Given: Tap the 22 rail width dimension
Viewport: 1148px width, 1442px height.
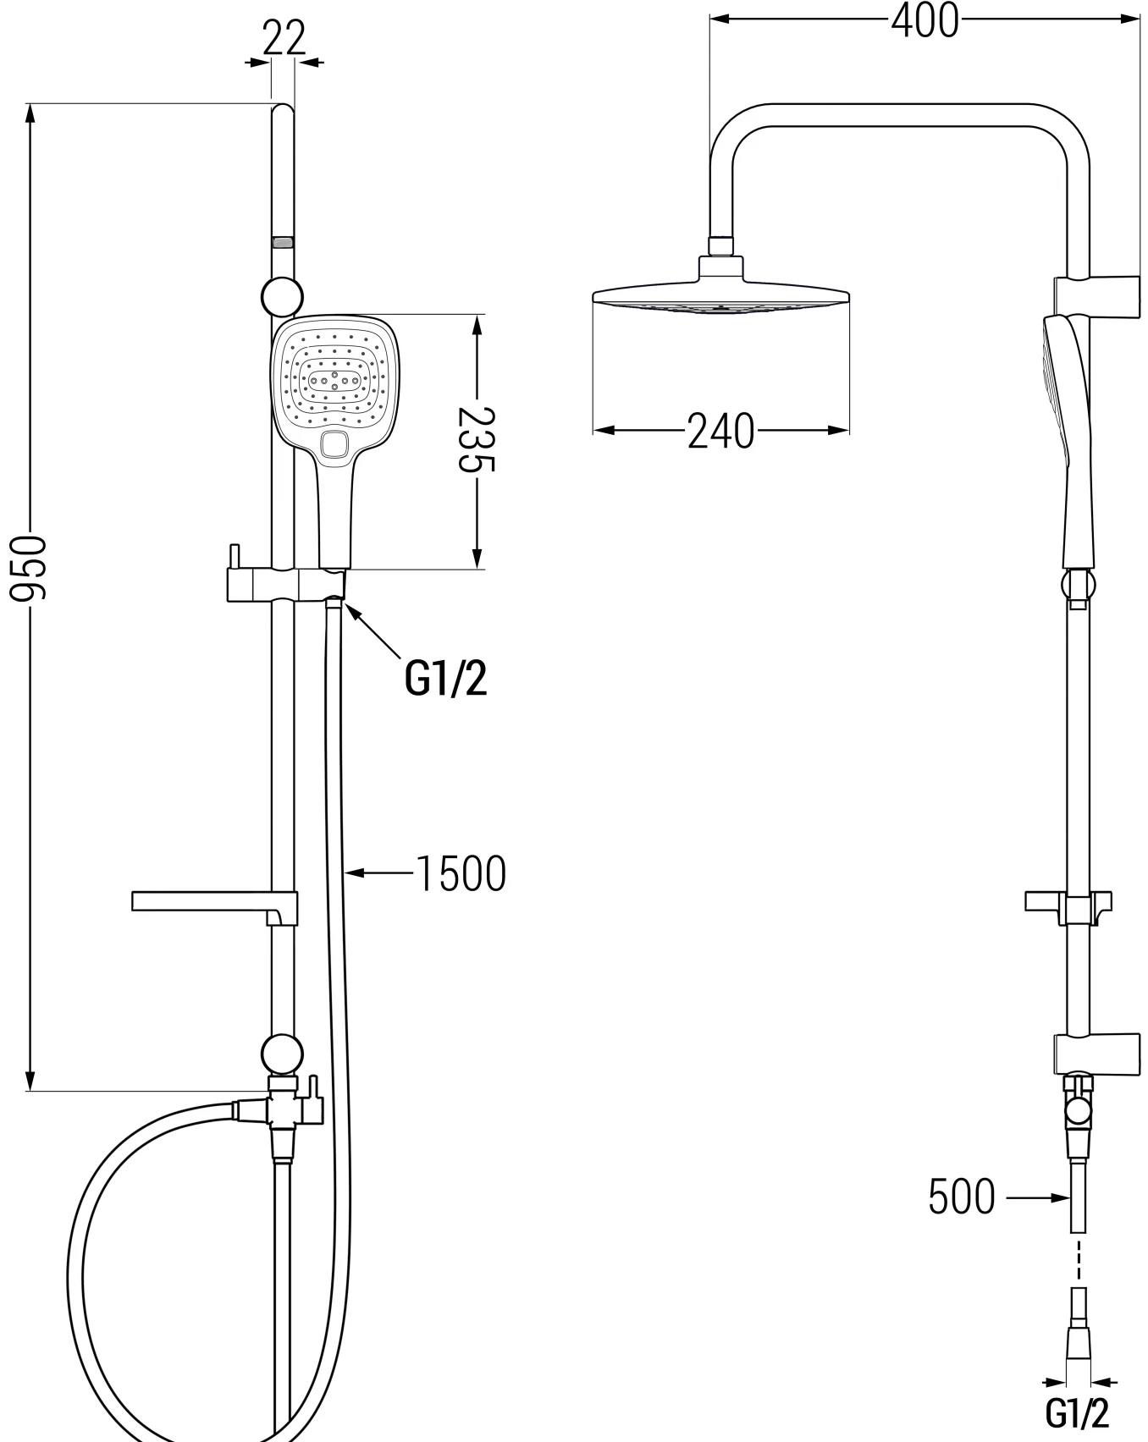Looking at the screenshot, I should coord(283,38).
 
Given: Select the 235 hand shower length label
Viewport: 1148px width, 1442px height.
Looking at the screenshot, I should coord(477,439).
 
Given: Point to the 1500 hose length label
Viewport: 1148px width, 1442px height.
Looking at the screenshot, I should coord(461,873).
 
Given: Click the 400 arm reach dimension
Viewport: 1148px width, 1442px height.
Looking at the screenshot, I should coord(924,20).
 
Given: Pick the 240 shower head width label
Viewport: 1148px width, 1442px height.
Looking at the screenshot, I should coord(720,431).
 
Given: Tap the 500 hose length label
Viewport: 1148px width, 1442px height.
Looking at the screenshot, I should coord(962,1197).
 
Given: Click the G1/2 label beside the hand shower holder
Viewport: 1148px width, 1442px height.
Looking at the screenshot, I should coord(446,679).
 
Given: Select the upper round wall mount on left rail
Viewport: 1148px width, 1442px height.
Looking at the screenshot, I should coord(282,298).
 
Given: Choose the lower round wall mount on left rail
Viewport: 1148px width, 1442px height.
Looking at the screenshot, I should coord(282,1054).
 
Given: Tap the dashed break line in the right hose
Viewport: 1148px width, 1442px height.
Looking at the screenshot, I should coord(1078,1262).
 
